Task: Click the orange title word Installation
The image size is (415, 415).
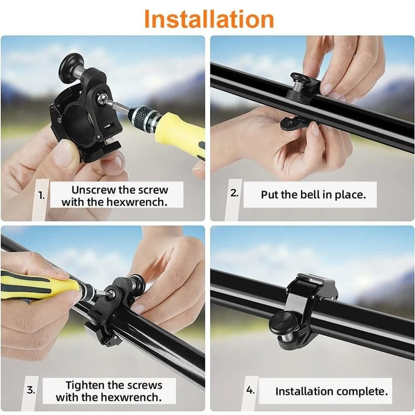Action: pyautogui.click(x=209, y=19)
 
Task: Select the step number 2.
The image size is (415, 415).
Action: pyautogui.click(x=234, y=193)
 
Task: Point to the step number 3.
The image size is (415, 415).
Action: pyautogui.click(x=31, y=390)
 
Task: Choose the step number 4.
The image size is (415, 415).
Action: pyautogui.click(x=251, y=390)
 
